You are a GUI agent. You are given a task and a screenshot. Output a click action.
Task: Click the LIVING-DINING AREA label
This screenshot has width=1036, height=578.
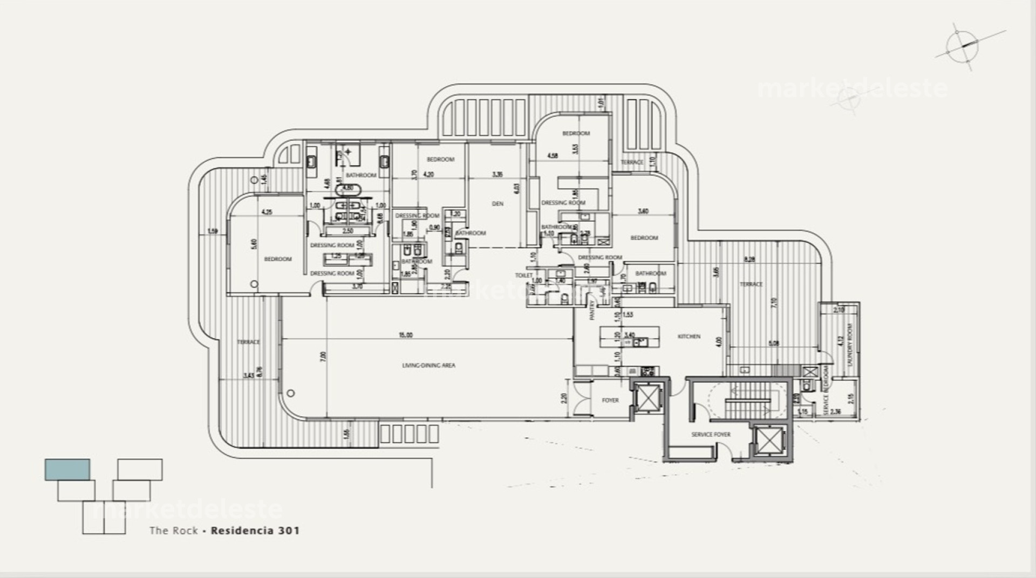(x=428, y=366)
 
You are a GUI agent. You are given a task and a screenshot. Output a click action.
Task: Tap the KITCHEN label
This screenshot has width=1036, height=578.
(x=689, y=336)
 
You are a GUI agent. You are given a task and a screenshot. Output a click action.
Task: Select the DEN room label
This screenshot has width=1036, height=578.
(x=497, y=204)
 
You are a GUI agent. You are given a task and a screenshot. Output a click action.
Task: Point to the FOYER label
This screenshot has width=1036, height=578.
(x=610, y=401)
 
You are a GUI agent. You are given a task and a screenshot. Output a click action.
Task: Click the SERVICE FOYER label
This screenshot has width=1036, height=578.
(x=711, y=435)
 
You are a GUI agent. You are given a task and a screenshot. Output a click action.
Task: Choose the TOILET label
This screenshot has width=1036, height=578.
(x=523, y=276)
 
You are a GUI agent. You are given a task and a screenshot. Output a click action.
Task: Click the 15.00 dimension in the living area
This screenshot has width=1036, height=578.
(x=406, y=335)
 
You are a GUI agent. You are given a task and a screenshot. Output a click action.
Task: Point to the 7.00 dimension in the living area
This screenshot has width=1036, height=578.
(x=323, y=356)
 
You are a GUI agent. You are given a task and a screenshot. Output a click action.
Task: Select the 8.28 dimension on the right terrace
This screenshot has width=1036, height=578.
(x=749, y=260)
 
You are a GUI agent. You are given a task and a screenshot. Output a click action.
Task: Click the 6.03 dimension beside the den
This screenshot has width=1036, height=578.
(x=517, y=189)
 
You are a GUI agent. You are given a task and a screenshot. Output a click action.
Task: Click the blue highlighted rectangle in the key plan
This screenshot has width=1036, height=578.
(x=67, y=470)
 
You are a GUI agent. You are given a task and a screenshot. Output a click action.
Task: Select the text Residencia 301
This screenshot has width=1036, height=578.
(x=255, y=531)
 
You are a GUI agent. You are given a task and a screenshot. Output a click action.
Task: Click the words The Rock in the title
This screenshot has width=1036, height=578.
(x=173, y=531)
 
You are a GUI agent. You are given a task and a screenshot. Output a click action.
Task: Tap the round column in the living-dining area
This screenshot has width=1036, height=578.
(x=291, y=393)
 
